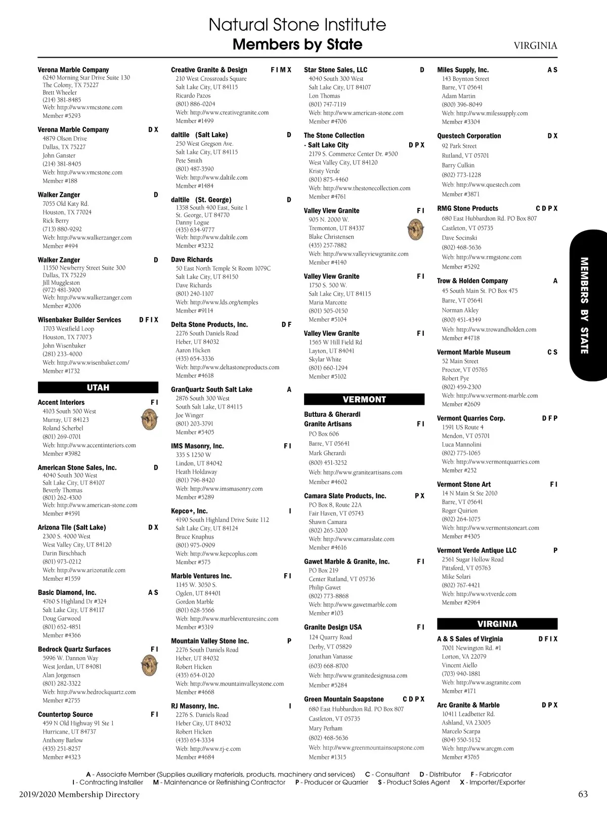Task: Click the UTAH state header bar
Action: click(x=98, y=388)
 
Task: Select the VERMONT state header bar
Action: click(x=364, y=399)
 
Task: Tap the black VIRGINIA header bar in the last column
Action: click(x=497, y=624)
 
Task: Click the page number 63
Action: click(x=583, y=794)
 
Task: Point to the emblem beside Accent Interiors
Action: click(x=149, y=419)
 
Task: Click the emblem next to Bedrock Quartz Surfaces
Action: click(x=149, y=666)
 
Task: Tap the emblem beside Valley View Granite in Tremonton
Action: click(x=415, y=230)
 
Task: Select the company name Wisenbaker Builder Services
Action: click(x=79, y=320)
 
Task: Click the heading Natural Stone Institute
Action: click(x=297, y=24)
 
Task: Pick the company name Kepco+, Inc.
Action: click(x=189, y=511)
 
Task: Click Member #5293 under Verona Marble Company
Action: click(x=62, y=116)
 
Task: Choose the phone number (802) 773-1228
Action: click(x=461, y=175)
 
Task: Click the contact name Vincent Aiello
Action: click(x=459, y=665)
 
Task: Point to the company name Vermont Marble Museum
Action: click(x=473, y=352)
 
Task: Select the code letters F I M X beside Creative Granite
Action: click(x=281, y=70)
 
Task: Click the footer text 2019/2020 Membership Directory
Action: click(x=79, y=794)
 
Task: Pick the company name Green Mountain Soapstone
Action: click(x=344, y=699)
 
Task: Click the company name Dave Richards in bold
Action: click(x=192, y=260)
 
